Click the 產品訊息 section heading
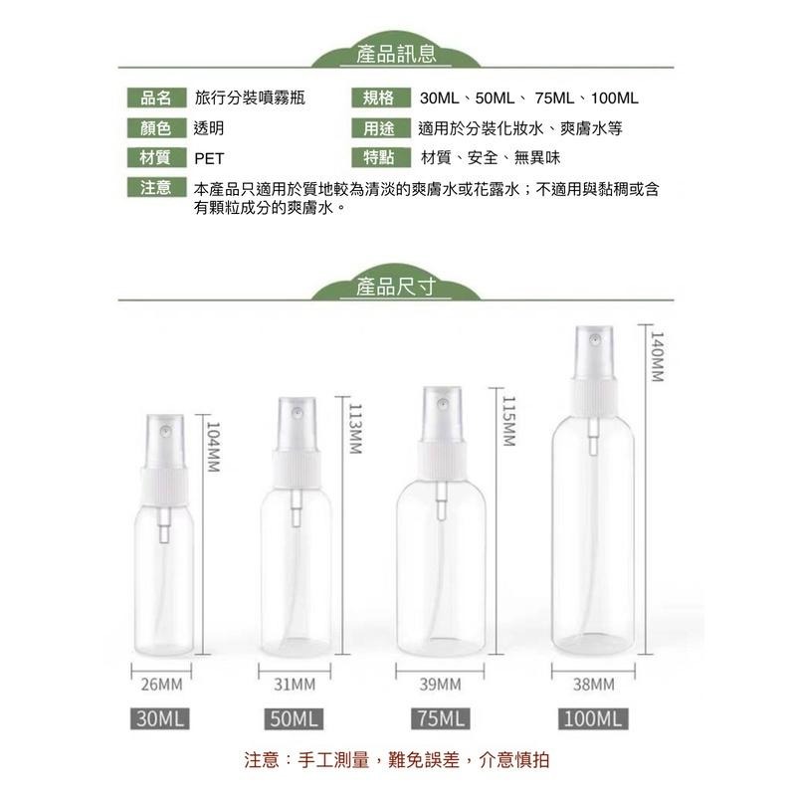pyautogui.click(x=397, y=54)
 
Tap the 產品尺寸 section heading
pyautogui.click(x=397, y=289)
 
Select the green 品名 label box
pyautogui.click(x=156, y=98)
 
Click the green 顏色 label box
pyautogui.click(x=156, y=127)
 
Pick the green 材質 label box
pyautogui.click(x=156, y=157)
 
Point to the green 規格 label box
pyautogui.click(x=379, y=98)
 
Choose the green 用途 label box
pyautogui.click(x=379, y=127)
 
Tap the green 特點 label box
pyautogui.click(x=379, y=157)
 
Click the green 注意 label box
pyautogui.click(x=156, y=187)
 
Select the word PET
pyautogui.click(x=210, y=158)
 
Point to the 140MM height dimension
pyautogui.click(x=657, y=358)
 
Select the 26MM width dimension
pyautogui.click(x=161, y=685)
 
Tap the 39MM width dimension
pyautogui.click(x=440, y=685)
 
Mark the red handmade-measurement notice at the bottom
pyautogui.click(x=397, y=760)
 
